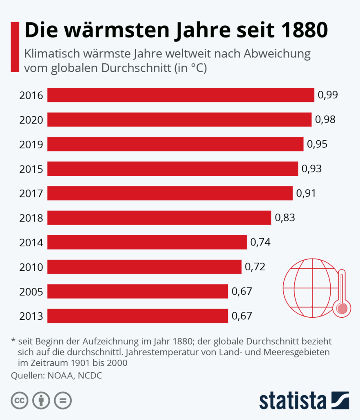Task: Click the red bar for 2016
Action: point(181,95)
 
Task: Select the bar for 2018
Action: point(159,218)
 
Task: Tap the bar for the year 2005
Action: point(137,291)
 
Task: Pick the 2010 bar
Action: point(144,267)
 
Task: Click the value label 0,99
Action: point(328,95)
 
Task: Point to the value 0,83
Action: point(285,218)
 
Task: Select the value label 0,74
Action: point(260,242)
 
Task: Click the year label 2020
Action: point(31,120)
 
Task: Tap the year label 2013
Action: point(31,316)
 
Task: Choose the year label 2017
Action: point(31,193)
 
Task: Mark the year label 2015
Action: point(31,169)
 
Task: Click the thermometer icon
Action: point(342,294)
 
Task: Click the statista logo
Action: point(304,400)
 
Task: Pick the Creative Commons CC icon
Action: point(19,400)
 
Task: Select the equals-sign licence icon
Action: point(63,400)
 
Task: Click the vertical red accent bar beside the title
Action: point(15,47)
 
